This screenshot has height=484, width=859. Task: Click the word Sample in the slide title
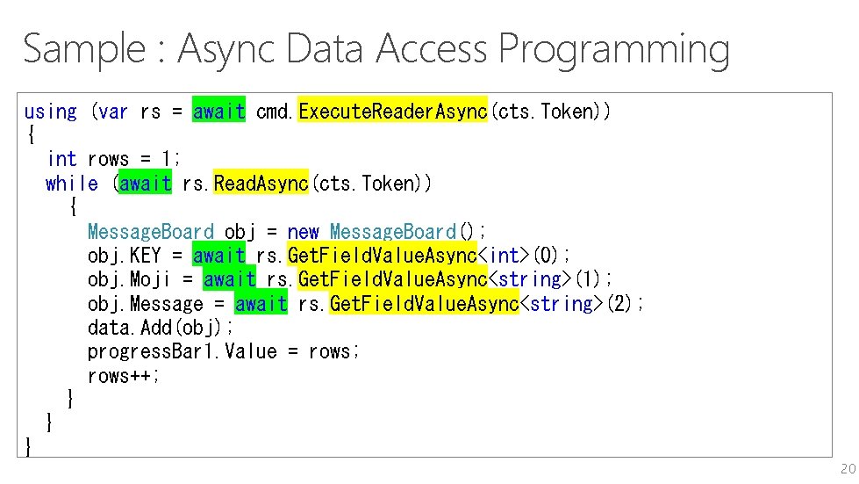tap(83, 49)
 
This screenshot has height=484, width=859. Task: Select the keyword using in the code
tap(50, 112)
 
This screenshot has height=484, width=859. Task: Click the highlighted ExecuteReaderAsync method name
tap(393, 112)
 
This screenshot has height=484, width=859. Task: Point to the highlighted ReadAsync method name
tap(261, 184)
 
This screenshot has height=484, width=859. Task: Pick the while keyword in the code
tap(72, 184)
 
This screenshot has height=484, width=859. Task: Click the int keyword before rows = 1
tap(61, 160)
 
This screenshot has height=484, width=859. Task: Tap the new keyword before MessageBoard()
tap(303, 232)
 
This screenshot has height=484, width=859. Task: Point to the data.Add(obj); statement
tap(161, 328)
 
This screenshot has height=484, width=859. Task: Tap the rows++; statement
tap(124, 376)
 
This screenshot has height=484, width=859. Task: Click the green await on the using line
tap(219, 112)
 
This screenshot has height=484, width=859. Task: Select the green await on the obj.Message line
tap(261, 304)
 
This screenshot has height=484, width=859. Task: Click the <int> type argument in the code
tap(504, 256)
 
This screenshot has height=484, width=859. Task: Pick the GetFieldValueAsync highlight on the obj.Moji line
tap(393, 279)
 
